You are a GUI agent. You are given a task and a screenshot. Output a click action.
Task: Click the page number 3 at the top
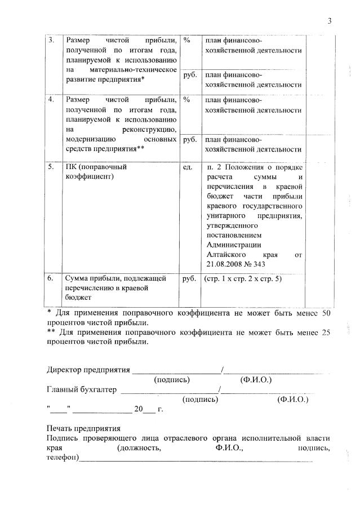[x=330, y=21]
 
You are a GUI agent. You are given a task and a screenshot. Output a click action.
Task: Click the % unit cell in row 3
[x=187, y=41]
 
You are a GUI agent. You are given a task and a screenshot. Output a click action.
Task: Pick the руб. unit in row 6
[x=189, y=278]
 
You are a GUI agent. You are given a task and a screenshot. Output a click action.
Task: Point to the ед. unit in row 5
[x=188, y=167]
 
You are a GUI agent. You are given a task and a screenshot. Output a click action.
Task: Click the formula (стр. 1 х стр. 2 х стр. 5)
[x=242, y=278]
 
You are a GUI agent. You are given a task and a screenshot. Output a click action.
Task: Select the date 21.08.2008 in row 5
[x=225, y=264]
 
